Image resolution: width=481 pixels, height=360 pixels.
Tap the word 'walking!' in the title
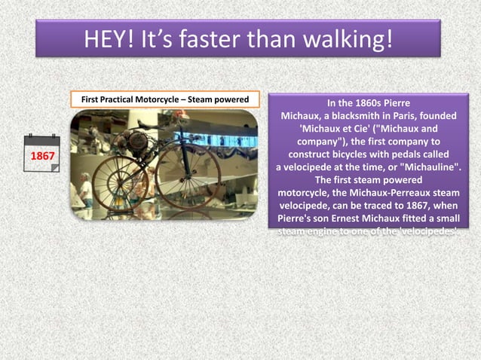348,38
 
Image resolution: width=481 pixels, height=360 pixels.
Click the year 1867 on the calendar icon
41,156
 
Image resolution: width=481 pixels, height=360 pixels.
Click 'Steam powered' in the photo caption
219,99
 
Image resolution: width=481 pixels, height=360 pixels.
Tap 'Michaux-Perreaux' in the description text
384,193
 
